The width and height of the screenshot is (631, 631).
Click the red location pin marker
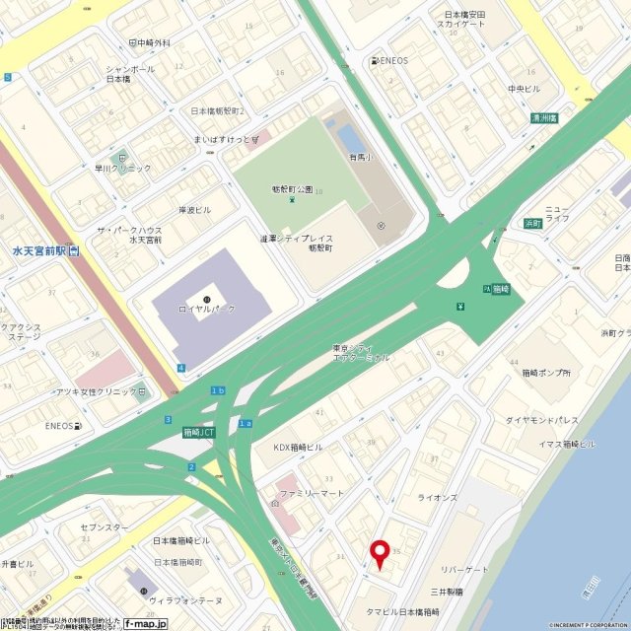[378, 553]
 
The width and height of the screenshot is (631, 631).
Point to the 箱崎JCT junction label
[200, 432]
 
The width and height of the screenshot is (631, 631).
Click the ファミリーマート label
[311, 492]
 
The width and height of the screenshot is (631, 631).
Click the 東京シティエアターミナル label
[362, 353]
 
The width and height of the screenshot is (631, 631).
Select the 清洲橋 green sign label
[543, 117]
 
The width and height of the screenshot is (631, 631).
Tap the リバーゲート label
[464, 570]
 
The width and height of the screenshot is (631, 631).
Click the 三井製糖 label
[446, 592]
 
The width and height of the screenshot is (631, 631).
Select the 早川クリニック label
[123, 168]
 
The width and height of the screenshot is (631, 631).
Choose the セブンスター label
[104, 527]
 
